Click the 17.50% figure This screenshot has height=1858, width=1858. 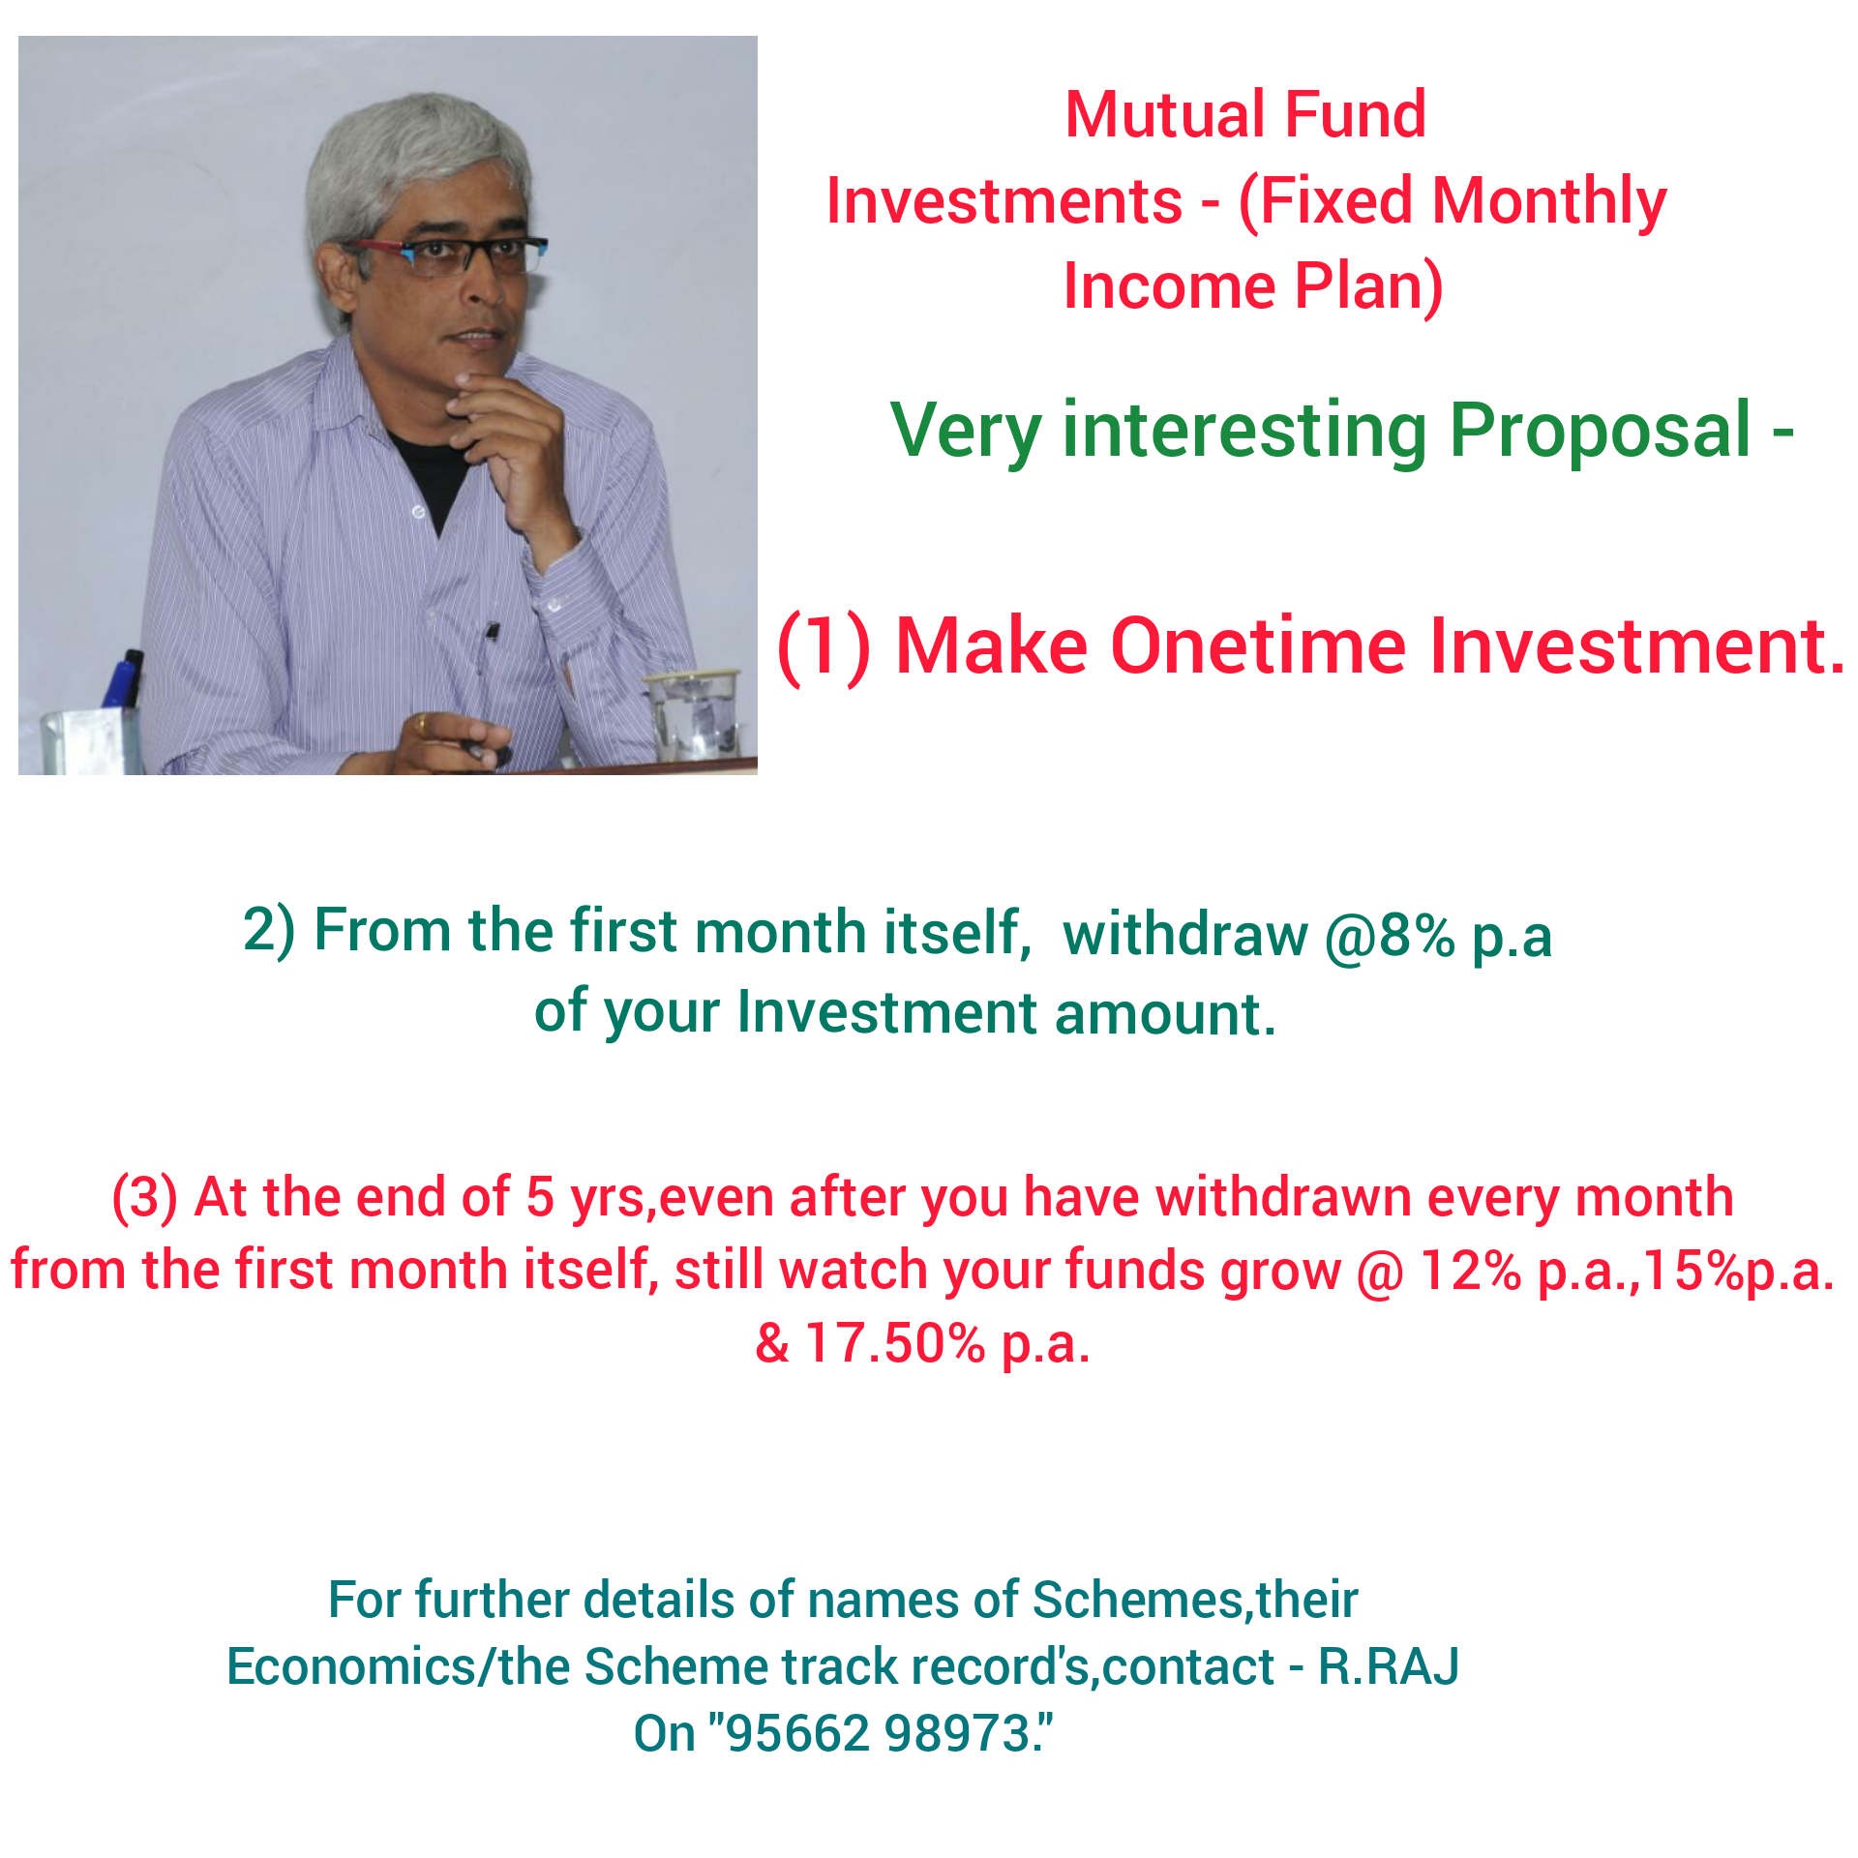point(894,1343)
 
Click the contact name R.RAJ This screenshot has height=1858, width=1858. point(1389,1665)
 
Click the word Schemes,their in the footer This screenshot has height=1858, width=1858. point(1195,1600)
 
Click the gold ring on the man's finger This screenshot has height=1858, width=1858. point(422,725)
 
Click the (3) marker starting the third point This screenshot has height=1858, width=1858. point(145,1198)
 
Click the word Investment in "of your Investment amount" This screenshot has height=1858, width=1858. point(887,1012)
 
